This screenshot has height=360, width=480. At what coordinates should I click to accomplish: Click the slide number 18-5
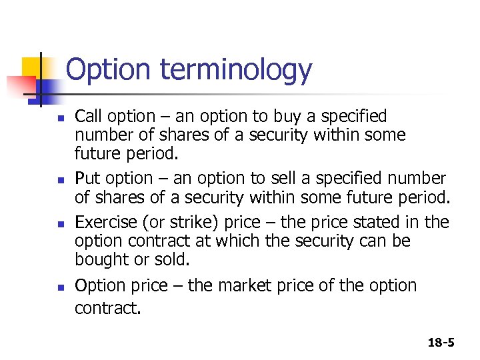point(441,343)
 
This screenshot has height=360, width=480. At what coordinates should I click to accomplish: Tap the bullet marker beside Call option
point(59,118)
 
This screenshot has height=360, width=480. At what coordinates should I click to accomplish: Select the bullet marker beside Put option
point(59,180)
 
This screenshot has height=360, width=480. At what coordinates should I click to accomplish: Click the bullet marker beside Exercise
point(59,223)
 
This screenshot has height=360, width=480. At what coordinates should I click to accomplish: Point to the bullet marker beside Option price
point(59,287)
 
